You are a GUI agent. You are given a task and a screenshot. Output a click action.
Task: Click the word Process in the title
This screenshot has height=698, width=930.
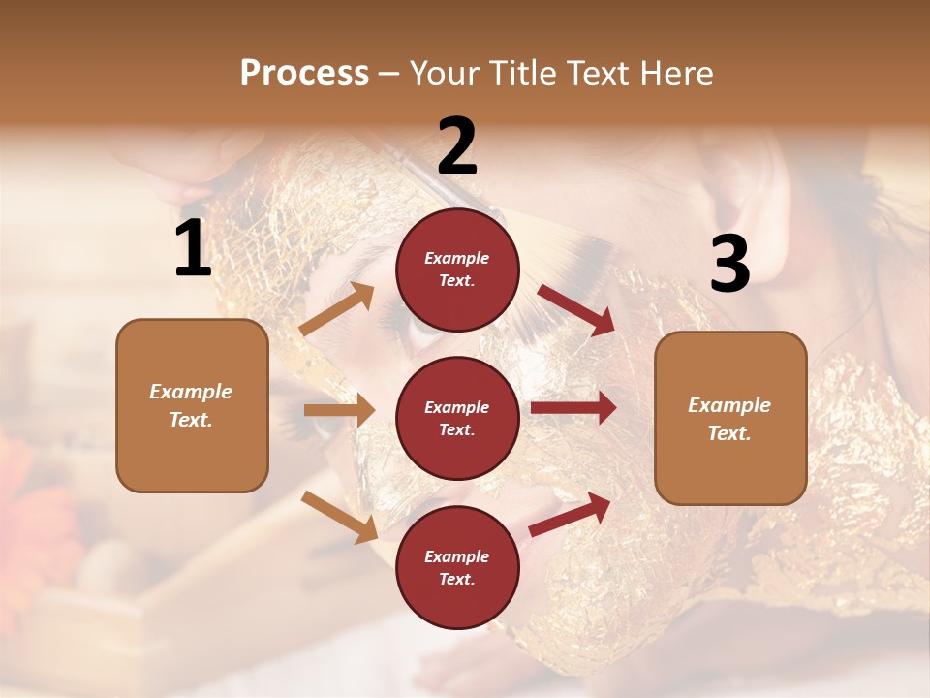point(304,74)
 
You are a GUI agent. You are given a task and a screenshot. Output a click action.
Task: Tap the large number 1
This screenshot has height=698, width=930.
point(193,249)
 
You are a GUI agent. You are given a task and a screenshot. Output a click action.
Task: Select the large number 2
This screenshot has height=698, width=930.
point(457,146)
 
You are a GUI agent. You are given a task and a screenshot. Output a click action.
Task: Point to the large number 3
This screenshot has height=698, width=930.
point(729,264)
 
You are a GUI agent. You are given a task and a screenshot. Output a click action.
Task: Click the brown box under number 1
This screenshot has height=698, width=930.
point(192,405)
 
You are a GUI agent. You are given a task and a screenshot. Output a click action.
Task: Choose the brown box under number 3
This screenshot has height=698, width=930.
point(730,418)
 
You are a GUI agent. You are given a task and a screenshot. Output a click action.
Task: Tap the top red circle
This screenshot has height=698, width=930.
point(457,270)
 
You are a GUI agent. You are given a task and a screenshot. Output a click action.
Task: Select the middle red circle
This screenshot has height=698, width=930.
point(457,418)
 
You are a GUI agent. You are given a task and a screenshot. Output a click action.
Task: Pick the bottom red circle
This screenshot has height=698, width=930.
point(457,567)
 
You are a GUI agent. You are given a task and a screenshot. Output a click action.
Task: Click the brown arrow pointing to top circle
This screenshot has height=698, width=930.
point(337,309)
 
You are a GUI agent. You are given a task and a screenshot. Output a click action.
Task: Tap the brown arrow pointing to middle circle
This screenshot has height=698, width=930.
point(339,410)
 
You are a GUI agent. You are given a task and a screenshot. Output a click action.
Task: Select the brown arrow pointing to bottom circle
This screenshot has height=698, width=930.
point(339,516)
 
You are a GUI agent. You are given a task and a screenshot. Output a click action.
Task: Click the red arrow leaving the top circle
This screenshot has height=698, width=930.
point(575,309)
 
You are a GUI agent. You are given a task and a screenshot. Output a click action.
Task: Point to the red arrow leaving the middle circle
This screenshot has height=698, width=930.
point(573,408)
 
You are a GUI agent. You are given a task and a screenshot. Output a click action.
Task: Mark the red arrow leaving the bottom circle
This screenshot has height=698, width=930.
point(571,514)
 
